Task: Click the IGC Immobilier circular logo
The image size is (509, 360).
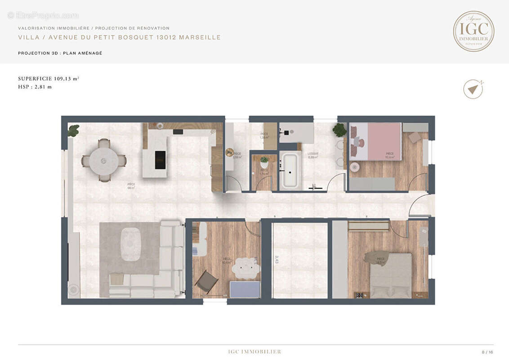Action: tap(473, 31)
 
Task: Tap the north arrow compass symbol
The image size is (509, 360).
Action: tap(473, 89)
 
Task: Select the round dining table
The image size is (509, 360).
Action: tap(104, 161)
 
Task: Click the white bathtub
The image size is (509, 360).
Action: tap(290, 171)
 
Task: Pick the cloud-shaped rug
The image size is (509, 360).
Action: tap(246, 269)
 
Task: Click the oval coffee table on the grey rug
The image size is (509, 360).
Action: tap(131, 244)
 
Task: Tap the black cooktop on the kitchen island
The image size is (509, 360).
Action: tap(160, 160)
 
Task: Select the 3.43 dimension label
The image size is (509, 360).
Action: tap(277, 259)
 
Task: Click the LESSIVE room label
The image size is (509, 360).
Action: tap(313, 154)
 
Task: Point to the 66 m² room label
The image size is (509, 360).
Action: tap(131, 185)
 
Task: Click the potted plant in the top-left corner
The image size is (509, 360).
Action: tap(73, 130)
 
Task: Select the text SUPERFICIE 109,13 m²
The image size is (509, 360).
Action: tap(49, 78)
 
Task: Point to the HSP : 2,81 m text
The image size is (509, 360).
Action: tap(35, 87)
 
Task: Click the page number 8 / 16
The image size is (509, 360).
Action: tap(487, 352)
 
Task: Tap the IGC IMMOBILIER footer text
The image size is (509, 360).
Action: tap(254, 351)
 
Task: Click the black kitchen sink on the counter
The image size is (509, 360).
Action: tap(178, 132)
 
